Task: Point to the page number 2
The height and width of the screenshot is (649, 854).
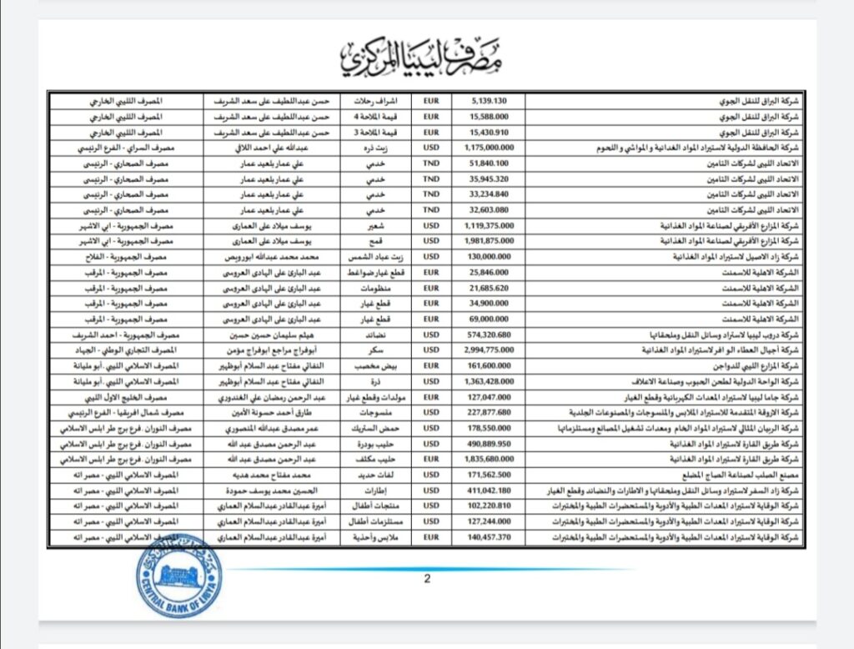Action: (427, 580)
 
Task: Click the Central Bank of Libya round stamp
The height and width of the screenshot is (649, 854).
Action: (173, 575)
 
